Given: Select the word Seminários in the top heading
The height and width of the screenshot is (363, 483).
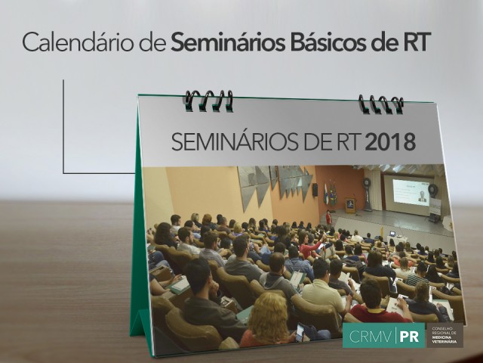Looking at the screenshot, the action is [x=228, y=42].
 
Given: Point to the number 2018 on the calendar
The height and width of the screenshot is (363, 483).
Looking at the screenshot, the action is [x=390, y=142].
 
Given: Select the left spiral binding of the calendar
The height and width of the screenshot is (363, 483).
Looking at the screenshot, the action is [x=209, y=101].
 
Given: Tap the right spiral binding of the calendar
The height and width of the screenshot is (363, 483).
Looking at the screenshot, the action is [x=381, y=104].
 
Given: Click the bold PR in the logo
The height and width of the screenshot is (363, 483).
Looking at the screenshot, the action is [x=409, y=336].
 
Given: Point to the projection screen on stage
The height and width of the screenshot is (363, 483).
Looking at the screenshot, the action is [x=408, y=194].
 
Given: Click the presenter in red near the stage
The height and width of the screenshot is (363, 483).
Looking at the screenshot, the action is [x=329, y=218].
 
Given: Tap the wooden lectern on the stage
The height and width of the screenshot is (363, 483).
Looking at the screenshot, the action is [x=350, y=205].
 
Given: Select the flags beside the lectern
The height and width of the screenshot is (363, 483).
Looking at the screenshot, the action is [x=330, y=194].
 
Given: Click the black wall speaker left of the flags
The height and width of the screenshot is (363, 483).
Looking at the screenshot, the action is [x=315, y=190].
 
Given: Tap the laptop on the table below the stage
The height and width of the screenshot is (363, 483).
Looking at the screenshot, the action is [x=392, y=234].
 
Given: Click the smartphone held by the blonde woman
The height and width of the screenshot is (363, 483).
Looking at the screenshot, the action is [x=300, y=333].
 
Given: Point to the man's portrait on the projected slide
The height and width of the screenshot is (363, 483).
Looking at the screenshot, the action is [x=423, y=197].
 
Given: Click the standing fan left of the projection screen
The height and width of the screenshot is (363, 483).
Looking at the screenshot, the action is [x=368, y=194].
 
